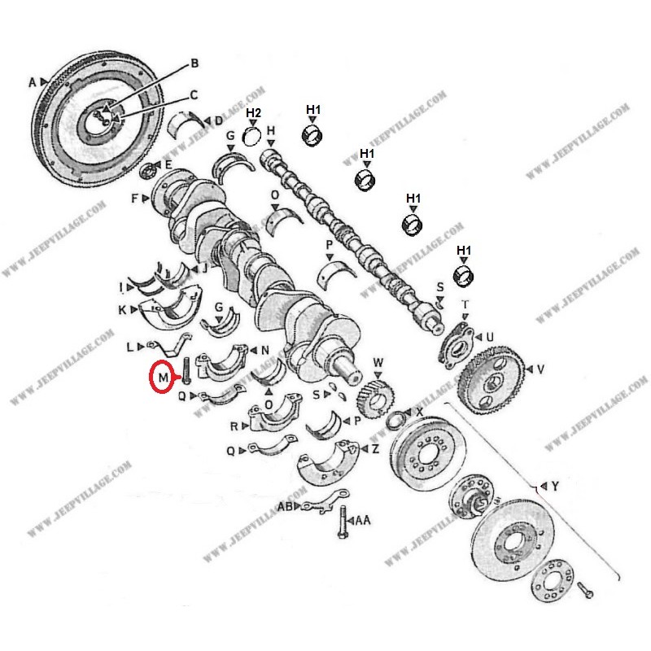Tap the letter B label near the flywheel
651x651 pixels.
click(194, 63)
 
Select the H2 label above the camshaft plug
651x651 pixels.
click(253, 113)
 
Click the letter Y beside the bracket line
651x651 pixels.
click(555, 486)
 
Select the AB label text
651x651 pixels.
click(286, 507)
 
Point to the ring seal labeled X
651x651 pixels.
click(395, 422)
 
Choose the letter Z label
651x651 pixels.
click(375, 449)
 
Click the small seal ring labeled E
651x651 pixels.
click(147, 172)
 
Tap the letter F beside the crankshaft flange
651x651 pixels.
click(134, 199)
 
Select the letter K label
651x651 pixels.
click(122, 310)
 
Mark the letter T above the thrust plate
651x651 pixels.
click(465, 305)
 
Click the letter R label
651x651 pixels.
click(234, 426)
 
